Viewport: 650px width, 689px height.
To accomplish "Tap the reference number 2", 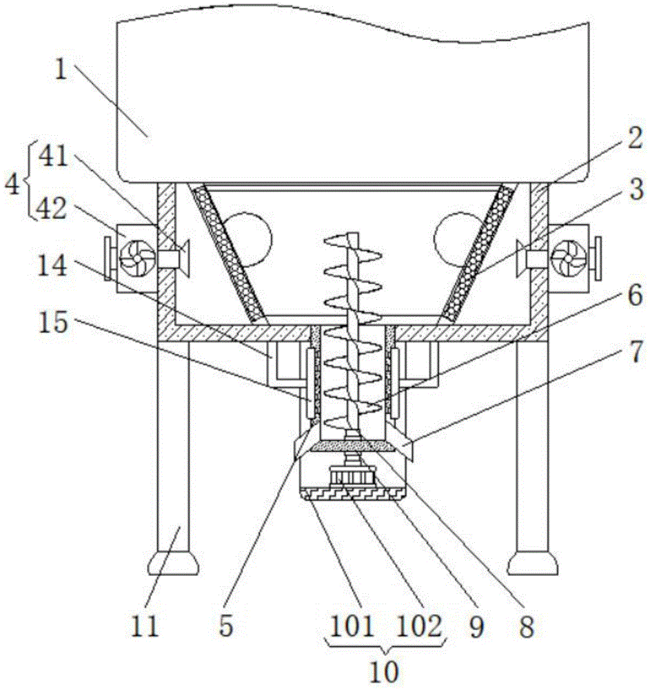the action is coord(634,139).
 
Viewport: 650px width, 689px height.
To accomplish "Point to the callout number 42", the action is coord(52,208).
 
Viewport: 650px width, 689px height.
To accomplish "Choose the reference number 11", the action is coord(145,626).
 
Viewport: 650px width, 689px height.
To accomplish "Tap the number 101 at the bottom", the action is coord(352,626).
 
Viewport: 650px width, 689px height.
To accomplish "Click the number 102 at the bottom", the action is coord(419,626).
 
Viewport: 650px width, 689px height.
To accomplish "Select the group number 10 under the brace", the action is coord(385,671).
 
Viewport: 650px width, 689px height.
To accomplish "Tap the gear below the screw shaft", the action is coord(352,477).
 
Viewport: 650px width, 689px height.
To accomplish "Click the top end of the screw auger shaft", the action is coord(352,234).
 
